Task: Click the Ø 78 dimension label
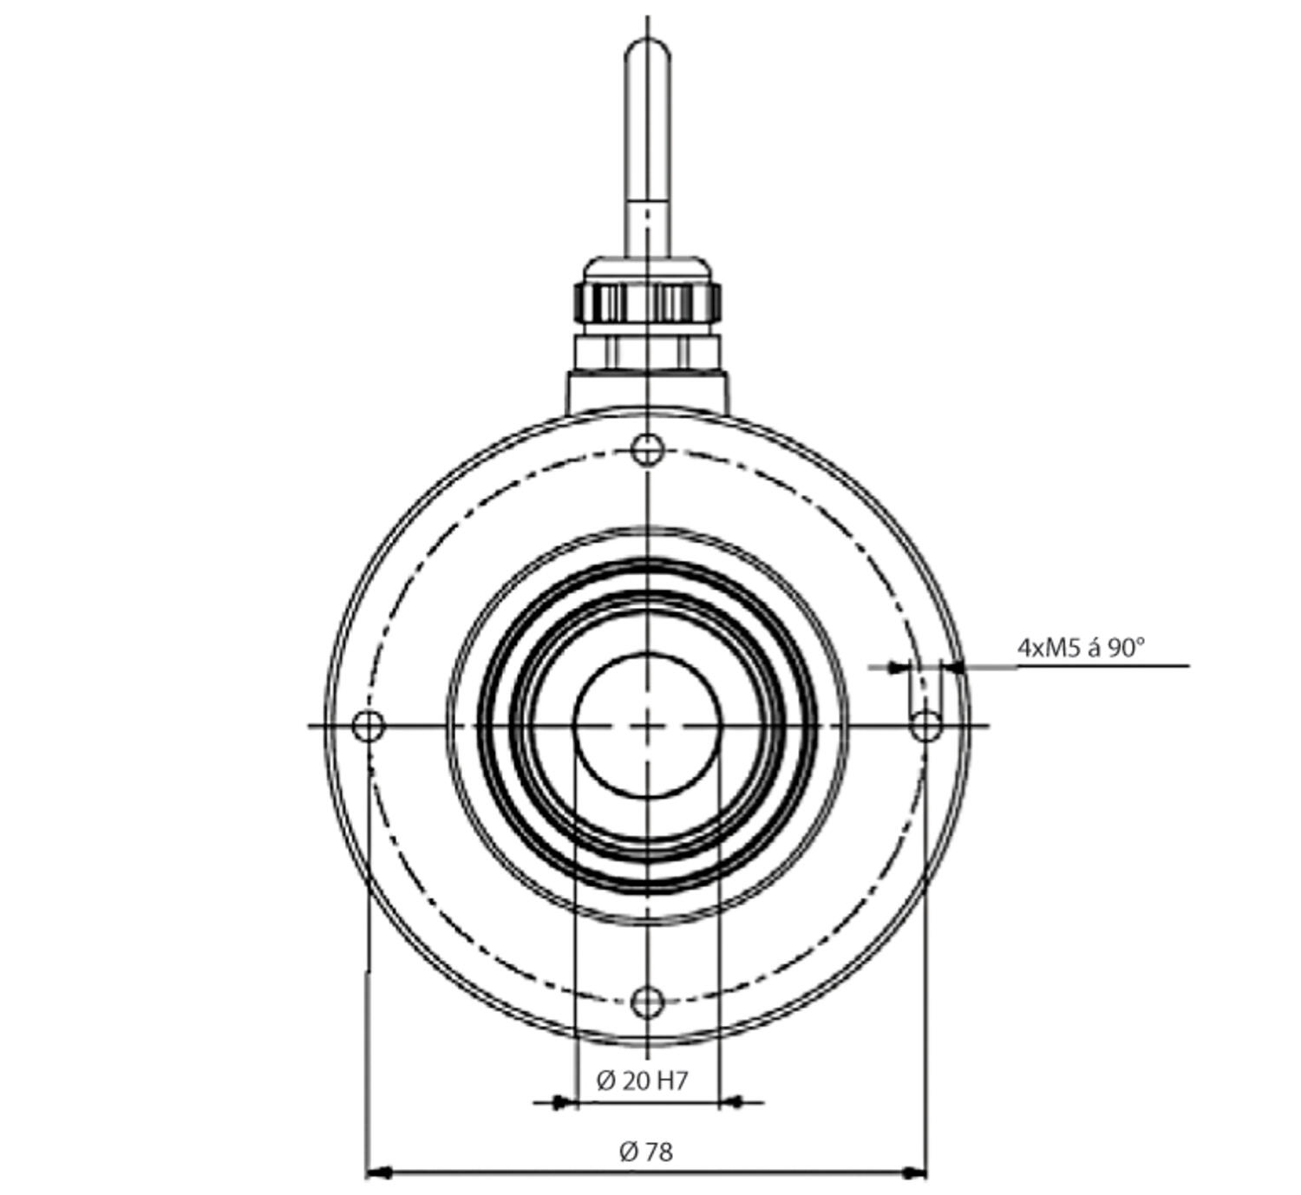click(x=646, y=1152)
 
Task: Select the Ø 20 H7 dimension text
click(x=642, y=1081)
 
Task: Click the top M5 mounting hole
click(x=647, y=449)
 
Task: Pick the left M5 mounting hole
click(x=369, y=725)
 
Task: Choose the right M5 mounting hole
click(x=926, y=725)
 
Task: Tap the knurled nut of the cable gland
click(x=647, y=303)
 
